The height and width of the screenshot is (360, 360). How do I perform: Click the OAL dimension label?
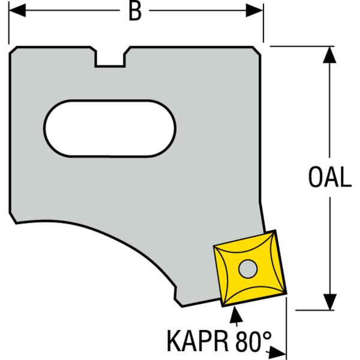click(329, 177)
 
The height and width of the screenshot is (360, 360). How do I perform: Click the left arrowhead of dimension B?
click(17, 10)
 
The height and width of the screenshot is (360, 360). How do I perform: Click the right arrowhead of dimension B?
click(254, 10)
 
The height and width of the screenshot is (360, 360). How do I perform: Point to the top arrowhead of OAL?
click(329, 55)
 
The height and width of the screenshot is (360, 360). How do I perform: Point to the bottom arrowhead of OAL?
click(329, 302)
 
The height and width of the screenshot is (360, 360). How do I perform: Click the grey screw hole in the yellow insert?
click(248, 269)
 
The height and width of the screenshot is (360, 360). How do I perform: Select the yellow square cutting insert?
click(250, 268)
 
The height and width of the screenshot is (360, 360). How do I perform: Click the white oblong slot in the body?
click(110, 128)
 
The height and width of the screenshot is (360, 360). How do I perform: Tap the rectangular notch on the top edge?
click(110, 59)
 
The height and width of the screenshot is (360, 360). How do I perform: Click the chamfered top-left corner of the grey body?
click(13, 50)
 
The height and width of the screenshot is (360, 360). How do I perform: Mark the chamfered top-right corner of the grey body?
click(257, 50)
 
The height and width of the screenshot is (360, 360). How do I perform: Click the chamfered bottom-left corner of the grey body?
click(13, 218)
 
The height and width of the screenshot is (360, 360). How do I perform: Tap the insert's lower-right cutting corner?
click(287, 294)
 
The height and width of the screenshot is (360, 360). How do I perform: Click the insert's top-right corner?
click(275, 230)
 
